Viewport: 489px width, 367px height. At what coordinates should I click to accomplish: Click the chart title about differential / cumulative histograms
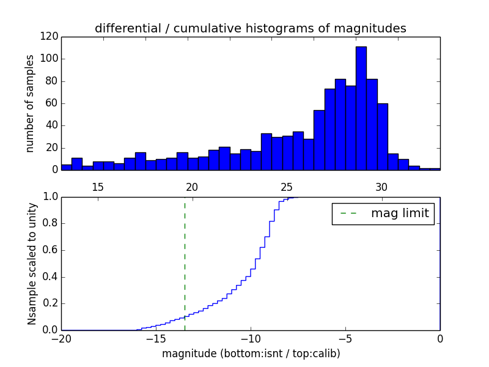[x=251, y=29]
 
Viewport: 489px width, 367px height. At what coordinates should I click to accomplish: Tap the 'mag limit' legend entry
[x=383, y=213]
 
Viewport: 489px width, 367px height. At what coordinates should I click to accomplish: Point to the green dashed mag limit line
[x=185, y=263]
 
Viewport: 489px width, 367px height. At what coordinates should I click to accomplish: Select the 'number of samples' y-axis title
[x=29, y=103]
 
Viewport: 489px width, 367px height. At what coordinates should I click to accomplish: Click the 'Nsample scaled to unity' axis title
[x=32, y=264]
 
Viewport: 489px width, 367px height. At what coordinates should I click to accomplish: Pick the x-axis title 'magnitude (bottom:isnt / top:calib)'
[x=251, y=354]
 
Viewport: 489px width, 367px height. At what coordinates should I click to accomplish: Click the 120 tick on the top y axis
[x=50, y=37]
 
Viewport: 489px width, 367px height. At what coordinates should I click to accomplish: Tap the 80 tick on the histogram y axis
[x=53, y=81]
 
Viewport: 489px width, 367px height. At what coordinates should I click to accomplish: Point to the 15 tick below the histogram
[x=97, y=187]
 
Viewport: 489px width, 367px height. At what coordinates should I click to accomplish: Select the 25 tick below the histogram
[x=287, y=187]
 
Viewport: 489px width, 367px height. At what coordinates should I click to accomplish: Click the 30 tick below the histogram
[x=381, y=187]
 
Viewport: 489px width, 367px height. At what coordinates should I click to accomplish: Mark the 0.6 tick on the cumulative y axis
[x=50, y=250]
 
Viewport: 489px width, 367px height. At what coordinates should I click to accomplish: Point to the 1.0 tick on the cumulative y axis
[x=50, y=197]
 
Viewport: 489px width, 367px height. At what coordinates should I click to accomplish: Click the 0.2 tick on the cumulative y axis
[x=50, y=303]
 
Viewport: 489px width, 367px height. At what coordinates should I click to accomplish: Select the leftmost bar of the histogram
[x=66, y=167]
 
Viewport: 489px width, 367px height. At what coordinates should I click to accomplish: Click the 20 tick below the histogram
[x=192, y=187]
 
